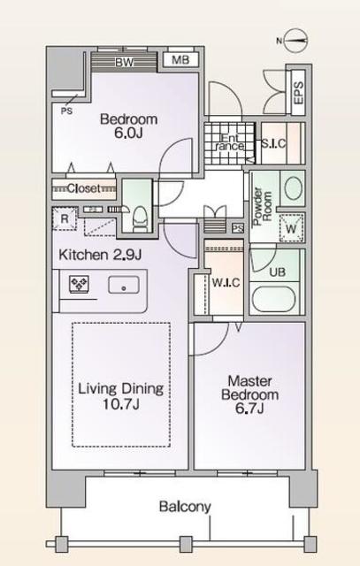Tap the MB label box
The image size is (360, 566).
click(x=180, y=59)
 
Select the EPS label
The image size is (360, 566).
click(x=298, y=93)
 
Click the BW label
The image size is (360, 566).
click(x=124, y=62)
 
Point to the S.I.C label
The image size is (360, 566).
click(x=273, y=143)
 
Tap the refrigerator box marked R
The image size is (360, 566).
click(x=65, y=218)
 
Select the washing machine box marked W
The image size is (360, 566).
click(x=291, y=228)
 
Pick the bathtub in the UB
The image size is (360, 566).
click(x=273, y=299)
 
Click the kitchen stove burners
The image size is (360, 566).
click(x=80, y=283)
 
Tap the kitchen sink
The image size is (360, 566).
click(x=124, y=285)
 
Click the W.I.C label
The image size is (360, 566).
click(x=226, y=283)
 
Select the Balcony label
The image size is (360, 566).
click(x=185, y=507)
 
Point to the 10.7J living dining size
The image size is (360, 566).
click(x=121, y=404)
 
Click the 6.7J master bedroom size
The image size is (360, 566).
click(x=249, y=409)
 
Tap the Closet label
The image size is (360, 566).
click(x=83, y=188)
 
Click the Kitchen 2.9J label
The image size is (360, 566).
click(x=100, y=255)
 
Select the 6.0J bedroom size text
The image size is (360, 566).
click(x=128, y=133)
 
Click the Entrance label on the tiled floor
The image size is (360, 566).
click(x=231, y=142)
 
